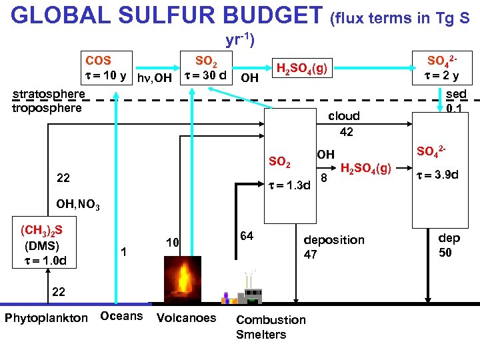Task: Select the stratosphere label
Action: click(49, 94)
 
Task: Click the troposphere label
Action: click(47, 107)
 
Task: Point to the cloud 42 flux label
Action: click(344, 123)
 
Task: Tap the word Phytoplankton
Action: click(46, 317)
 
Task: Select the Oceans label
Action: click(121, 315)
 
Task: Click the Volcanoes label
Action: click(186, 317)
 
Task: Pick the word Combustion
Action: click(271, 319)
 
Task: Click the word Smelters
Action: click(261, 334)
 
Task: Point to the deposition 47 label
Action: click(333, 247)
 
